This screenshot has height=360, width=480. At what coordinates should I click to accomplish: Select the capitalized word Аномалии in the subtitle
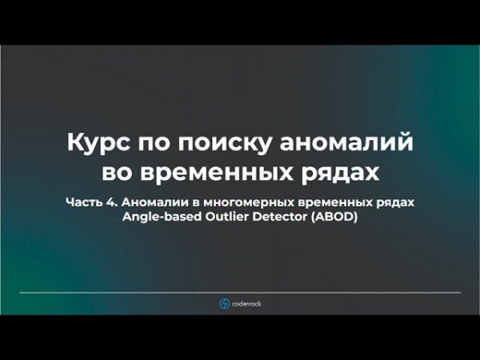click(x=157, y=202)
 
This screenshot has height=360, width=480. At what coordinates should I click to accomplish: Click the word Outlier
click(x=224, y=217)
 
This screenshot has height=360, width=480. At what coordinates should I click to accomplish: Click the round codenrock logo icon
click(x=224, y=303)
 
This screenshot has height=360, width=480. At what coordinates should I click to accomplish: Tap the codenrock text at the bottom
click(x=246, y=303)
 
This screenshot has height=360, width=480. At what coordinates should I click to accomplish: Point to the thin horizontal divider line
click(x=240, y=292)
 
